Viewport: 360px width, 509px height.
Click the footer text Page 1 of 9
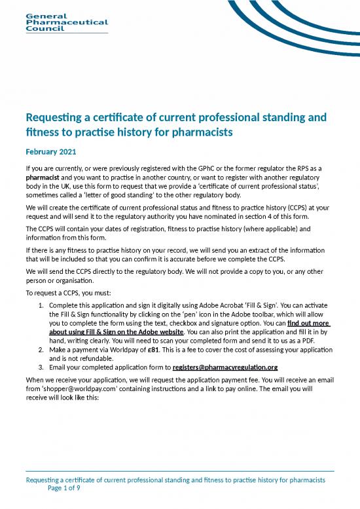[63, 489]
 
